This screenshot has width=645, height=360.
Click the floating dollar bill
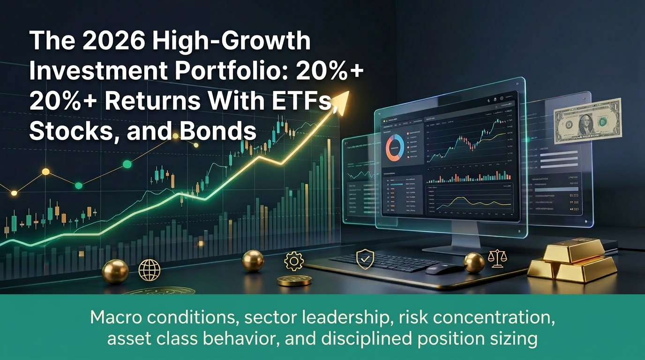(x=587, y=120)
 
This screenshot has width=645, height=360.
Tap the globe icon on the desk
(x=149, y=270)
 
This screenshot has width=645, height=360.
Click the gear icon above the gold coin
(x=294, y=261)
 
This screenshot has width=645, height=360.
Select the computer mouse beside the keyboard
(x=443, y=269)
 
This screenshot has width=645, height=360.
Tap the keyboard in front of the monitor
(x=384, y=262)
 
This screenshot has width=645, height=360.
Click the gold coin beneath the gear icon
(x=294, y=280)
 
